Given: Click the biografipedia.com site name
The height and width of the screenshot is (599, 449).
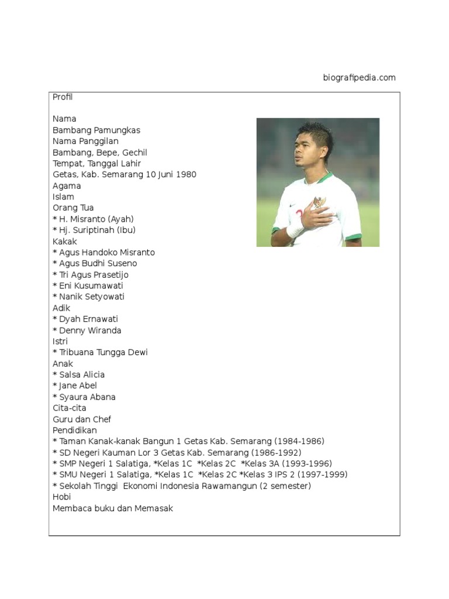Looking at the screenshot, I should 359,78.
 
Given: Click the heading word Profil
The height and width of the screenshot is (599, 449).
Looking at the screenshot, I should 63,97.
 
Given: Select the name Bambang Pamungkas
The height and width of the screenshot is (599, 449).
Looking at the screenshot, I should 96,130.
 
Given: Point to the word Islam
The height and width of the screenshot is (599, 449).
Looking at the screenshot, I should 63,197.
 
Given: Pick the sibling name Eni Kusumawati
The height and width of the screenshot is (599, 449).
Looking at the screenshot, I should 91,285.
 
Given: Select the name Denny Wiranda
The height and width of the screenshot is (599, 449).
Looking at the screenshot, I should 90,331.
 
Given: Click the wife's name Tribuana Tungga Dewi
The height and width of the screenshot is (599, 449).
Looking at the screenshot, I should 103,352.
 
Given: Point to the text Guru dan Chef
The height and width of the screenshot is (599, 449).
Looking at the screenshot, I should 82,419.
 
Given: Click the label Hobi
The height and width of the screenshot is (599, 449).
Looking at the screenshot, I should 61,497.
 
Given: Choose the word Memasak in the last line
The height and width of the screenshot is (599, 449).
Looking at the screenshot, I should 154,508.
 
